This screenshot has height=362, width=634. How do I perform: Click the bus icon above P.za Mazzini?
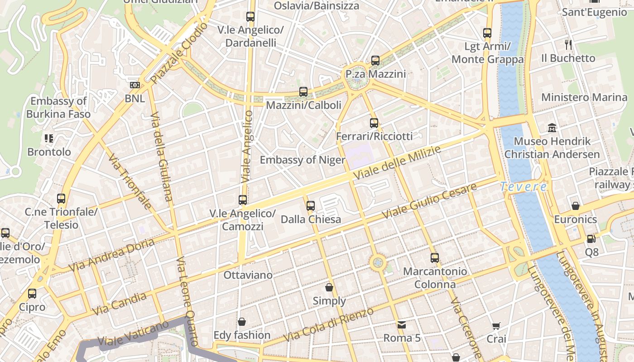click(x=375, y=61)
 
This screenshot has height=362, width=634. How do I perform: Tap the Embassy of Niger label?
click(x=302, y=160)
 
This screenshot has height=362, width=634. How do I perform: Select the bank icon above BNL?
click(x=134, y=85)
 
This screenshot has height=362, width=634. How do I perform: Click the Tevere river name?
click(x=524, y=186)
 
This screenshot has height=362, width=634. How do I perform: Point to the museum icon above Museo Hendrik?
click(x=552, y=128)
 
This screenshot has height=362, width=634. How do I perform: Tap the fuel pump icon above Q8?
click(x=591, y=238)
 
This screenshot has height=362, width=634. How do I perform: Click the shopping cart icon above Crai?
click(x=496, y=326)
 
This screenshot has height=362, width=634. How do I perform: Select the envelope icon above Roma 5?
click(x=401, y=324)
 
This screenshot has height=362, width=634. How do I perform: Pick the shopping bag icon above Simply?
click(x=329, y=287)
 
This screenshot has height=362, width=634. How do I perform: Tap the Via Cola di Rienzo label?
click(x=328, y=324)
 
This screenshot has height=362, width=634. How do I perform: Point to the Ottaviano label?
click(x=248, y=275)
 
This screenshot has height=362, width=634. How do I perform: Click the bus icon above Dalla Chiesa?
click(x=310, y=206)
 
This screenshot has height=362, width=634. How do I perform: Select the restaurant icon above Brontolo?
click(x=49, y=138)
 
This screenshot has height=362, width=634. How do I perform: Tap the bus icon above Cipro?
click(x=32, y=294)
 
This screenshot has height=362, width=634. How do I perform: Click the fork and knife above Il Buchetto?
click(x=568, y=45)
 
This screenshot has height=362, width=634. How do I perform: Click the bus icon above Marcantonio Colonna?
click(x=435, y=258)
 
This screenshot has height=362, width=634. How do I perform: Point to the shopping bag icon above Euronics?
click(x=575, y=206)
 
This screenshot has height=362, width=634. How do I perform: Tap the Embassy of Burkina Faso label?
click(x=58, y=107)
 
